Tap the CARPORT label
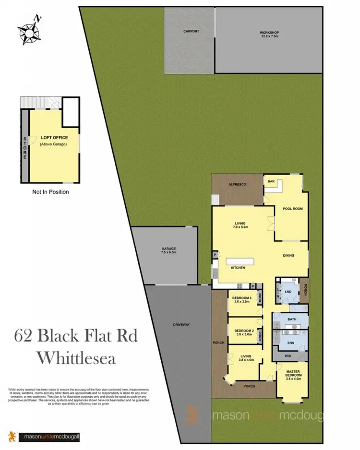[x=191, y=31]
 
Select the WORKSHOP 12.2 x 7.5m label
[x=269, y=35]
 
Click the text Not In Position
[x=50, y=192]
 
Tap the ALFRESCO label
[x=237, y=184]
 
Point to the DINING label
[x=288, y=256]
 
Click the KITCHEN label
[x=239, y=267]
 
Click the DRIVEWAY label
[x=181, y=325]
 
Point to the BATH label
[x=292, y=319]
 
